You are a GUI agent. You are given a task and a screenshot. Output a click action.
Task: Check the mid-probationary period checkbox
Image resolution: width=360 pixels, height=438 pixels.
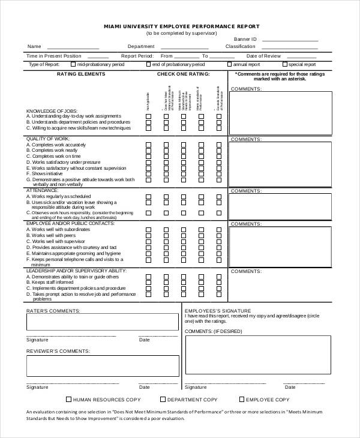click(73, 64)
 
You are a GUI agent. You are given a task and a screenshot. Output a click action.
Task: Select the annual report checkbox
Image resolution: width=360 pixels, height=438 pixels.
click(229, 64)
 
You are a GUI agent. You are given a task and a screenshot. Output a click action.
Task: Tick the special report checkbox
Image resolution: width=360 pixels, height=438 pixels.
click(284, 64)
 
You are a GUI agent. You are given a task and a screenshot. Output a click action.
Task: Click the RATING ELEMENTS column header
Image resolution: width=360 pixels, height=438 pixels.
click(80, 74)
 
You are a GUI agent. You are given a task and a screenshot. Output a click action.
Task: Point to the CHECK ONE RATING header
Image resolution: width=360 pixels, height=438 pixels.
click(183, 74)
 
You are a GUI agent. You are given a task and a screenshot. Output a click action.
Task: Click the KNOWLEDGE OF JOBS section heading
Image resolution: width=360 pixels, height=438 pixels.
click(49, 111)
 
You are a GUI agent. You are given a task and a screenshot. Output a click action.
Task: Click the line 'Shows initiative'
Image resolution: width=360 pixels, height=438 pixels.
click(47, 173)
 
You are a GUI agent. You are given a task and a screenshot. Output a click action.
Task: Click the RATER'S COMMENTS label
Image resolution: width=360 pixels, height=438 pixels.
click(53, 310)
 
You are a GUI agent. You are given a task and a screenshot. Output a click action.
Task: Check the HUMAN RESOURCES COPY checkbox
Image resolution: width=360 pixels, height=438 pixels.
click(68, 399)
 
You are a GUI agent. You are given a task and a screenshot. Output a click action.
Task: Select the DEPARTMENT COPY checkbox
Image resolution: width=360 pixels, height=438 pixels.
click(163, 399)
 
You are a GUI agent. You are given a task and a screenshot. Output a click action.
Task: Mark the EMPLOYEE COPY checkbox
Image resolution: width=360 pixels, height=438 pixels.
click(242, 399)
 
